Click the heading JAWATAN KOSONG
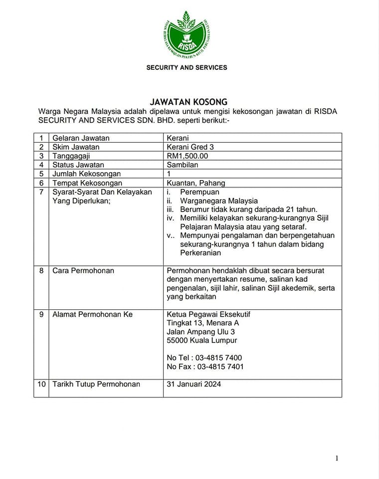pos(189,102)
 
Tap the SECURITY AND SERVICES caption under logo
pos(187,67)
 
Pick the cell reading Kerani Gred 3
pos(190,147)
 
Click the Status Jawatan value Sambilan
pos(183,165)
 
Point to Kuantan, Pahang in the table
pos(196,183)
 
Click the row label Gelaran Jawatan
pos(81,138)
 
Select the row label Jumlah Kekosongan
pos(87,174)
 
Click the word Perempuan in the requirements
pos(199,192)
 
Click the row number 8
pos(41,270)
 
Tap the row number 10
pos(41,384)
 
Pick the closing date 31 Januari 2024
pos(194,384)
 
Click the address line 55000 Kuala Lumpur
pos(202,340)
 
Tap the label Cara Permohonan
pos(83,270)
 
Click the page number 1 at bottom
pos(337,459)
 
